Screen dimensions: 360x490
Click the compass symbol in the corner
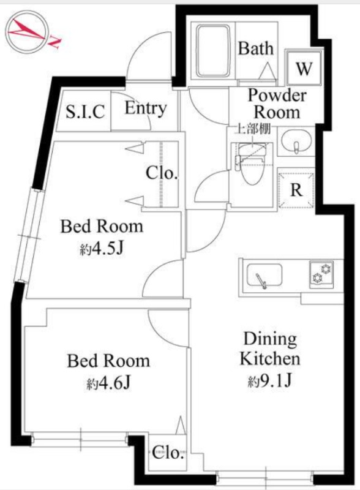28,32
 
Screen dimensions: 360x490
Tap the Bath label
256,49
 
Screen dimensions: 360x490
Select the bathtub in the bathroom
214,51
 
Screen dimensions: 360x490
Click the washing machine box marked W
304,67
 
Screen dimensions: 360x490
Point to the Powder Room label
277,104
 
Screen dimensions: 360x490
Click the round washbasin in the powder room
296,141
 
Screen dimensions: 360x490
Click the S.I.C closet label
85,111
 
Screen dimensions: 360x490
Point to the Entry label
146,109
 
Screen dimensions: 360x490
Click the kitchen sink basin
264,275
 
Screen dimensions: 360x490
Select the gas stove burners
321,274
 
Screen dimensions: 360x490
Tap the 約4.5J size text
102,249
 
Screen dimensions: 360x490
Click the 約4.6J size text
109,384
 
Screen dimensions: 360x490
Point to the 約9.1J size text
271,380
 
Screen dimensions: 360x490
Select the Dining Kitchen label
270,349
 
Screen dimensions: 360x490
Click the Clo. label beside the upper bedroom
162,173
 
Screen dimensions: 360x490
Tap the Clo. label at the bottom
168,453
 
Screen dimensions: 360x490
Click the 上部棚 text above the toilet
252,129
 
